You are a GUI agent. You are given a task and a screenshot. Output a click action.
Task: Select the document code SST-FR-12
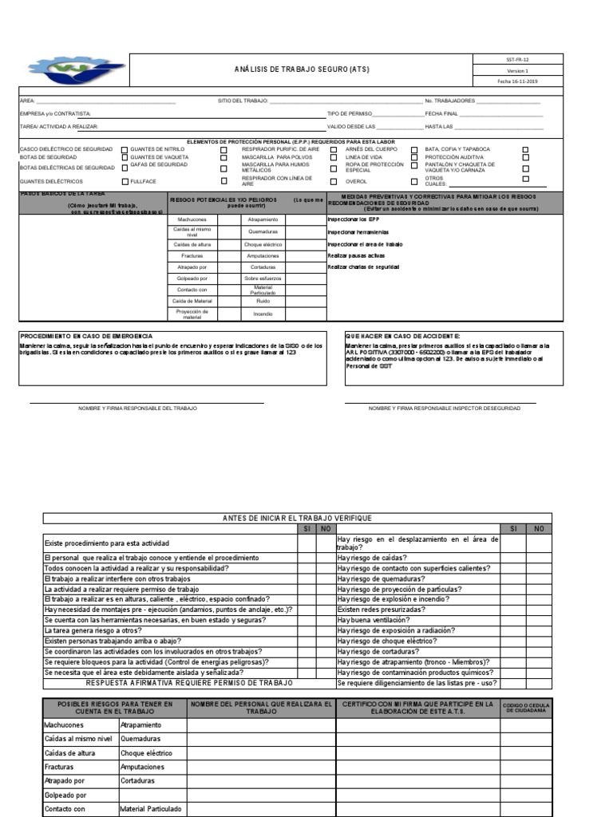click(x=518, y=59)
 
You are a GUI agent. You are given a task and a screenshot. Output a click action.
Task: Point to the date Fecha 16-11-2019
click(x=518, y=81)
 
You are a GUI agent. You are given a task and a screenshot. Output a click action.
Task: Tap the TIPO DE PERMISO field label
click(x=350, y=114)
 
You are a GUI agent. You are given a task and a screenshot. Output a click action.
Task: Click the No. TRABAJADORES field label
click(x=451, y=101)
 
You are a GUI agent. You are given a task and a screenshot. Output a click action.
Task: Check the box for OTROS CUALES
click(x=524, y=181)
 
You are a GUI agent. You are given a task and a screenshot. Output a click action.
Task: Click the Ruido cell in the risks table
click(x=263, y=302)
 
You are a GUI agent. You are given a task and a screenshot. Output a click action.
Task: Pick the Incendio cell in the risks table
click(x=263, y=314)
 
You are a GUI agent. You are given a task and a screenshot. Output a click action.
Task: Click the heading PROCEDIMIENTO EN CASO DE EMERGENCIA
click(x=86, y=337)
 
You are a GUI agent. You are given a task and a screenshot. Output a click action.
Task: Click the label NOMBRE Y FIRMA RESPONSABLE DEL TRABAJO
click(x=137, y=408)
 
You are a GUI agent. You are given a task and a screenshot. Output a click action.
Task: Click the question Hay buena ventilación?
click(x=374, y=619)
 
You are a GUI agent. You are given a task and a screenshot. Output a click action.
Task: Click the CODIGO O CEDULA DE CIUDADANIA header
click(x=524, y=708)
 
